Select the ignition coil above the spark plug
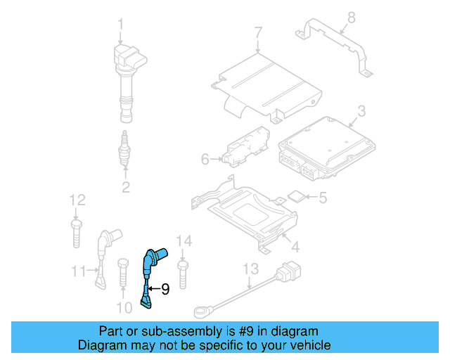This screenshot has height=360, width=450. pyautogui.click(x=126, y=77)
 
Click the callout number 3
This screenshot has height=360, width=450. pyautogui.click(x=361, y=110)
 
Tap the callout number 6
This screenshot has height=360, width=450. pyautogui.click(x=205, y=160)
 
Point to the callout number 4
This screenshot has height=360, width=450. pyautogui.click(x=295, y=247)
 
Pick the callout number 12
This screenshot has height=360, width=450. pyautogui.click(x=77, y=199)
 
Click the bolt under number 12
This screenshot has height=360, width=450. pyautogui.click(x=76, y=232)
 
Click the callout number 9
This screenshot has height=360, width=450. pyautogui.click(x=165, y=288)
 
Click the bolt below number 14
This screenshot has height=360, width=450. pyautogui.click(x=183, y=274)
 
